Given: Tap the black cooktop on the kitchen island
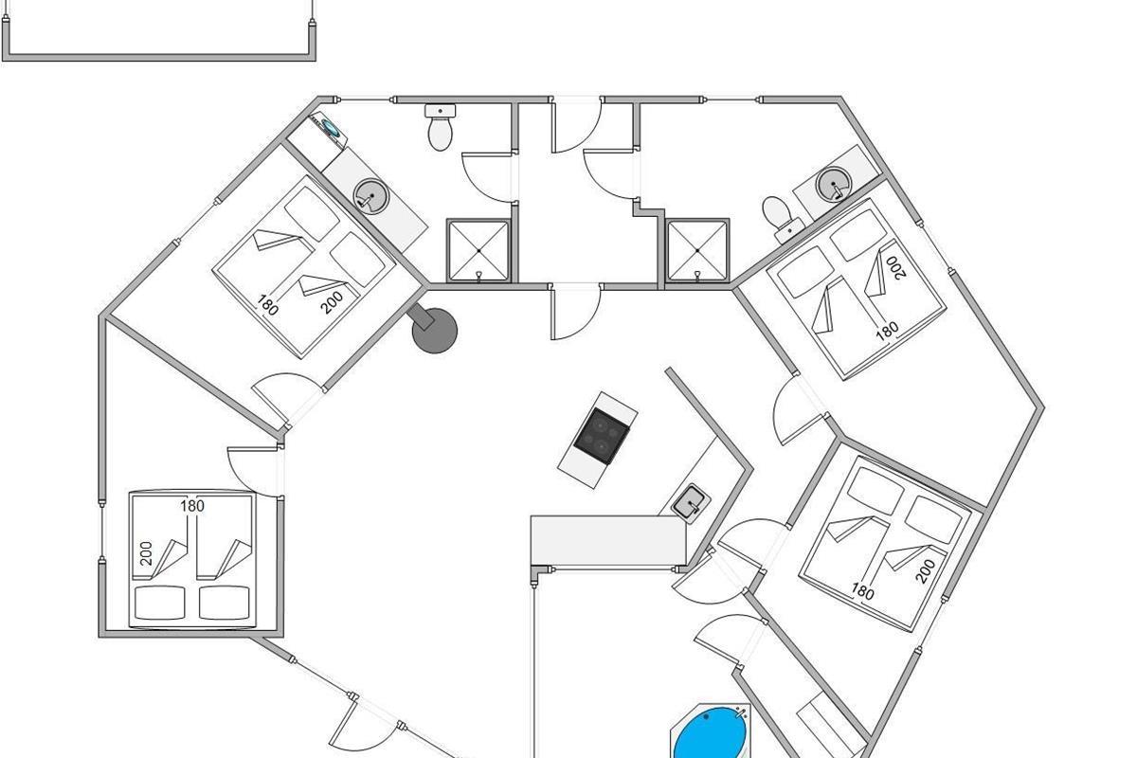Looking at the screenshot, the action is (602, 436).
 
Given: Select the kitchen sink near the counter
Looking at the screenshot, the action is (691, 504).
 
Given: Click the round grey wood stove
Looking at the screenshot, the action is (434, 330).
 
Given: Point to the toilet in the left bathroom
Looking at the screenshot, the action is (440, 127).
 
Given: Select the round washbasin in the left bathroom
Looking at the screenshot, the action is (371, 196).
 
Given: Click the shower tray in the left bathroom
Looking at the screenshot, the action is (478, 250).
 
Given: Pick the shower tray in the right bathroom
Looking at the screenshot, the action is (697, 250).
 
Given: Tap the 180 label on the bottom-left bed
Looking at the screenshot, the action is (192, 506).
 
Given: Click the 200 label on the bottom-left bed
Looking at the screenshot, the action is (146, 553).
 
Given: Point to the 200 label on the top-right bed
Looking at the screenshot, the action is (895, 267).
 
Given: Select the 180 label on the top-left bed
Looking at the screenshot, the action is (267, 305).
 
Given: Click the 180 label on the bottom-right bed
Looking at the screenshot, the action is (862, 591).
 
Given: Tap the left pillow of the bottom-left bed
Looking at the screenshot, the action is (160, 603).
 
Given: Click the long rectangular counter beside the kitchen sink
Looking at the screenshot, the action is (608, 540).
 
